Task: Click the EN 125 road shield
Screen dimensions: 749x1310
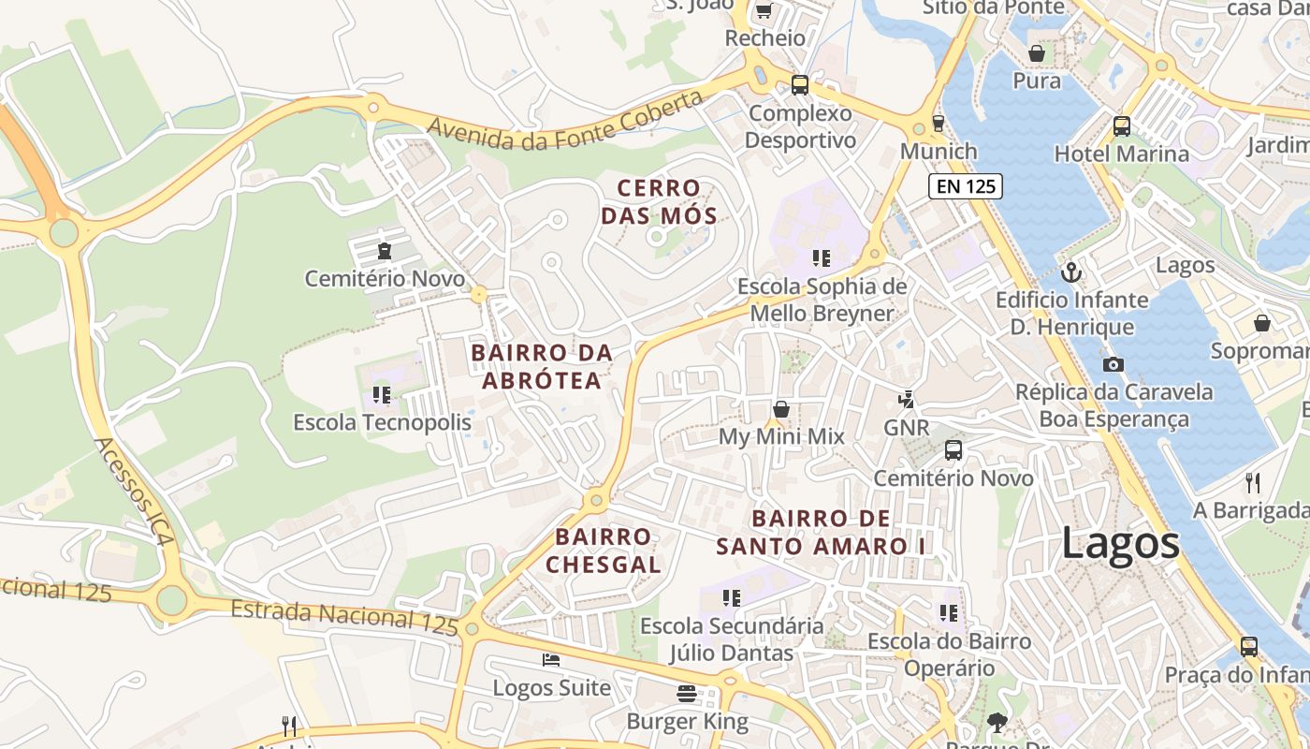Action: (966, 186)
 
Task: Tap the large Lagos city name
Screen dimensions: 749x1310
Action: (1120, 544)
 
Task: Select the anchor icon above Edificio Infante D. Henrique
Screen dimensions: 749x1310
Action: (1071, 272)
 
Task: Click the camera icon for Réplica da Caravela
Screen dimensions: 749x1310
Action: (1113, 364)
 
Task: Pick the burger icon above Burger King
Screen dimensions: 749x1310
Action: (687, 694)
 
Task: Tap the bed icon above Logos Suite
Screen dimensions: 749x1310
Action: (551, 660)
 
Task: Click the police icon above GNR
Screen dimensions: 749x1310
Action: (906, 400)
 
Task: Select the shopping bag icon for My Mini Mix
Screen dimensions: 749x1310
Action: (780, 409)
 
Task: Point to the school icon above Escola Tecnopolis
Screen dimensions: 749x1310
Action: (382, 395)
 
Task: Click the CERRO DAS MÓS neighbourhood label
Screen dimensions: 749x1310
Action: (659, 202)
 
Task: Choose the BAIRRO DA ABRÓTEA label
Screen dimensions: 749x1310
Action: (542, 366)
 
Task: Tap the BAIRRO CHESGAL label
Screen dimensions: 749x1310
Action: (604, 551)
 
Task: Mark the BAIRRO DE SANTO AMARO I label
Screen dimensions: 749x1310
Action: (822, 532)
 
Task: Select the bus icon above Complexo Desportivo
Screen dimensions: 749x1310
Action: (799, 85)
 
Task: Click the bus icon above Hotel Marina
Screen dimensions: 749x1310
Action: (1121, 125)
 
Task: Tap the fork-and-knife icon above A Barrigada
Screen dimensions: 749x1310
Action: (1252, 482)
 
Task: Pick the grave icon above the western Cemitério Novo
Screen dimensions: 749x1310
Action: (384, 251)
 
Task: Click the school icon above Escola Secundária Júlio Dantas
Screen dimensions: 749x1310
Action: (731, 597)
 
